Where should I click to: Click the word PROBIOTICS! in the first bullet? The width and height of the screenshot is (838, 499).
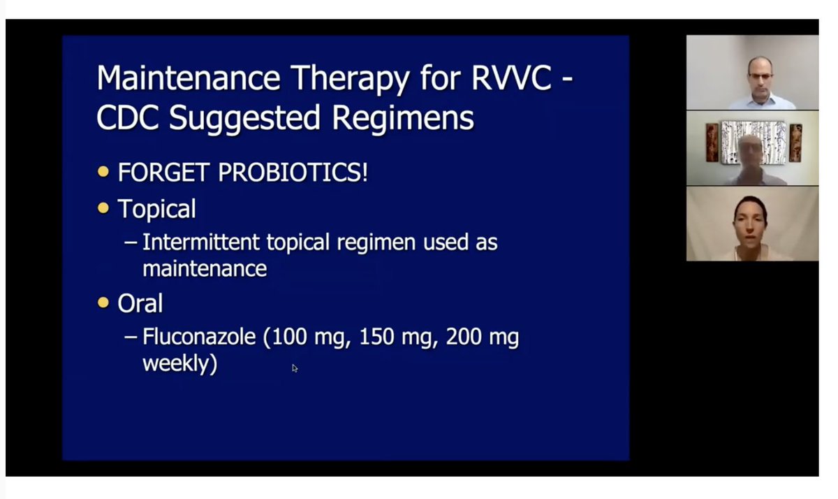(293, 172)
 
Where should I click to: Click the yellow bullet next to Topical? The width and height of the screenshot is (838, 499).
(104, 208)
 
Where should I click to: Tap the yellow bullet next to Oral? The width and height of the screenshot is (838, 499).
(104, 303)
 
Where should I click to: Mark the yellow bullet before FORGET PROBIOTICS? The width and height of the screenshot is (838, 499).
(104, 171)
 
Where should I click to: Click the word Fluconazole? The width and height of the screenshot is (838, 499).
(200, 338)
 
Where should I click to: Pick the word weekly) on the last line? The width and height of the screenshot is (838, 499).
(179, 363)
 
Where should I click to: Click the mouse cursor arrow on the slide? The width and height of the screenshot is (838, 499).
(295, 368)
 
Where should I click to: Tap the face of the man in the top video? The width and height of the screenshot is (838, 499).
(759, 72)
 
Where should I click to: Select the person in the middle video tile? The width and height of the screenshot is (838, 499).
(751, 155)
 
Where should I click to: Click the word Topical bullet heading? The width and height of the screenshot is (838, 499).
(156, 208)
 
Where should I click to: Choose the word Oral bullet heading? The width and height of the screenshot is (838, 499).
(140, 303)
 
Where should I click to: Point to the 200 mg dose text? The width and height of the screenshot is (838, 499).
(480, 338)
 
